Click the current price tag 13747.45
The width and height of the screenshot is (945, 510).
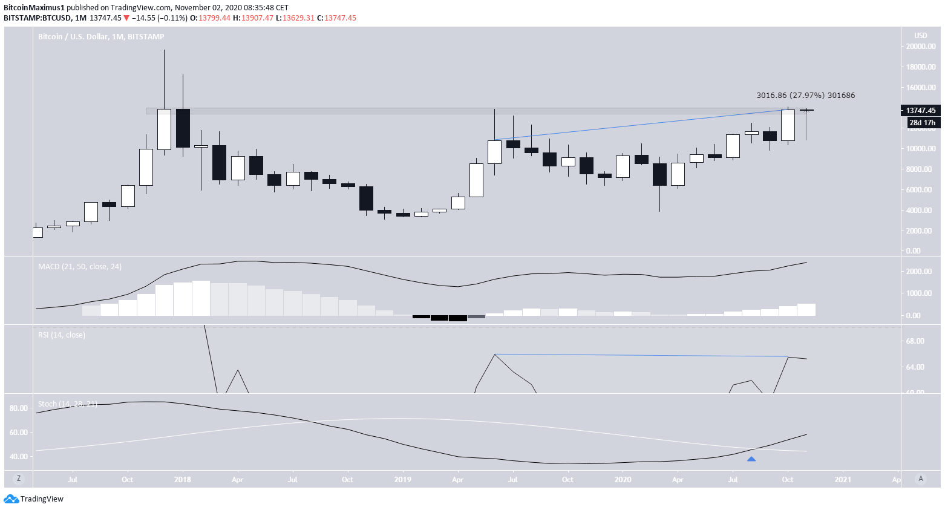920,111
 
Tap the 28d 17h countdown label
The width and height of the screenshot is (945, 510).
922,123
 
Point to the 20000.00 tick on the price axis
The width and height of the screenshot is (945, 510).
920,47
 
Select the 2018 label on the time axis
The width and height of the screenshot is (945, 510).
182,480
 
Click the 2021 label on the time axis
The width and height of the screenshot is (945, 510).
843,480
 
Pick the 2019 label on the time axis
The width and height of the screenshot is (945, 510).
402,480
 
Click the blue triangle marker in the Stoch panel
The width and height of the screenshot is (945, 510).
751,459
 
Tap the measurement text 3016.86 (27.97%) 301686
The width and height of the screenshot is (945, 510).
805,96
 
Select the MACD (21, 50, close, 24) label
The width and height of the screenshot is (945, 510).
79,267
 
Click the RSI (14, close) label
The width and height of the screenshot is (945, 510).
61,335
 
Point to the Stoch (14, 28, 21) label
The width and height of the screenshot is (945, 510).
67,404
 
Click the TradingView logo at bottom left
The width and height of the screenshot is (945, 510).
34,499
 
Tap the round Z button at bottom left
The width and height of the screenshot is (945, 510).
19,479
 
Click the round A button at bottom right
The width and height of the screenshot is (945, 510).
921,479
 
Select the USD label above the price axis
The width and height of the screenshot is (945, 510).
920,36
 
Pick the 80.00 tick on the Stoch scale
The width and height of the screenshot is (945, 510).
19,408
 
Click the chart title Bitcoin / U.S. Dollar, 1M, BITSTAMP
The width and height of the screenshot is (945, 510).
101,37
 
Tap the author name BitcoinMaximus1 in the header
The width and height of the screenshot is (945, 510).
34,8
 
